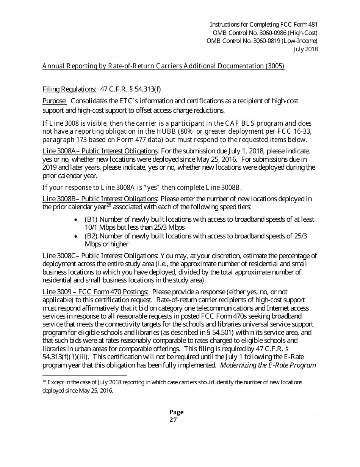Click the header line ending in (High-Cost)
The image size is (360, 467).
(263, 33)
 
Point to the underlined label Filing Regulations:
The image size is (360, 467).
(69, 89)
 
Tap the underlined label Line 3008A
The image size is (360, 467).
(58, 151)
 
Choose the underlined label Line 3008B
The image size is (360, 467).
(58, 199)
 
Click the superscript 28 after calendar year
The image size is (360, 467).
(108, 205)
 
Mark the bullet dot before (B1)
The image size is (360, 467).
(76, 220)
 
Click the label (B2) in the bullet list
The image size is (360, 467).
(91, 236)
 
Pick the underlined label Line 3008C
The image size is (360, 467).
(58, 256)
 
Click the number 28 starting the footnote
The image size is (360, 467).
(44, 382)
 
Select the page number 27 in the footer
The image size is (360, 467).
(173, 420)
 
